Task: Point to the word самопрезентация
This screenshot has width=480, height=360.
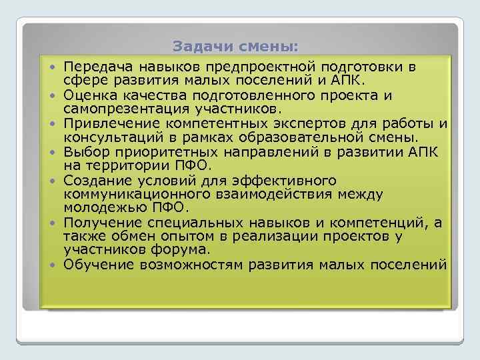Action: [119, 109]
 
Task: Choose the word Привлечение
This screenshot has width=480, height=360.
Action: [105, 124]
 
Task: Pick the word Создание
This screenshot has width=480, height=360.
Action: [93, 180]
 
